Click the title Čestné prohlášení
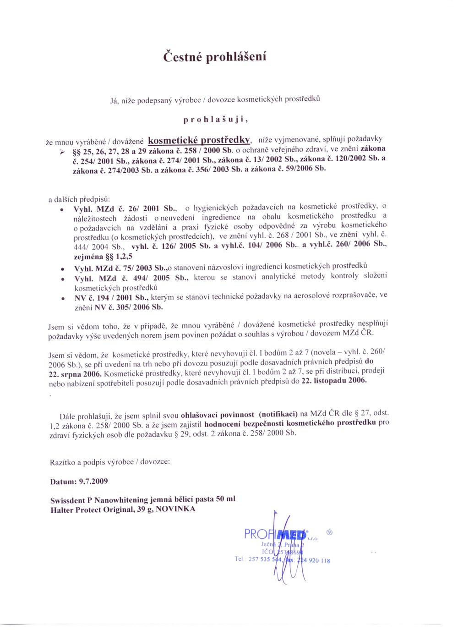[215, 57]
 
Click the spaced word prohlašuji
[215, 120]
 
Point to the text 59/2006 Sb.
[308, 168]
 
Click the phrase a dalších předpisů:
[79, 200]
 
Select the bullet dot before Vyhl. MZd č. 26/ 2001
[62, 210]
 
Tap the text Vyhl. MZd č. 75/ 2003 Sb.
[120, 268]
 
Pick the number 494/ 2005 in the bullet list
[151, 278]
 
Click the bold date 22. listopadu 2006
[334, 380]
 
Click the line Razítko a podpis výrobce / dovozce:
[110, 462]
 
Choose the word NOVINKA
[175, 509]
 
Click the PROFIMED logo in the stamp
[275, 534]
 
